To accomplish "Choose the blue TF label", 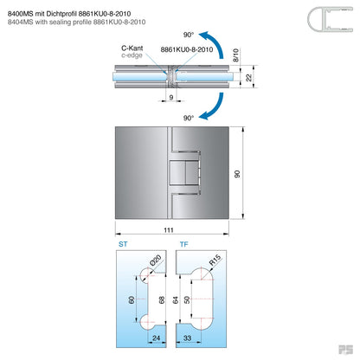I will click(183, 245).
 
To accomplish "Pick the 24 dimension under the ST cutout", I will click(157, 340).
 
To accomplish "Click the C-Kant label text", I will click(133, 49).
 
